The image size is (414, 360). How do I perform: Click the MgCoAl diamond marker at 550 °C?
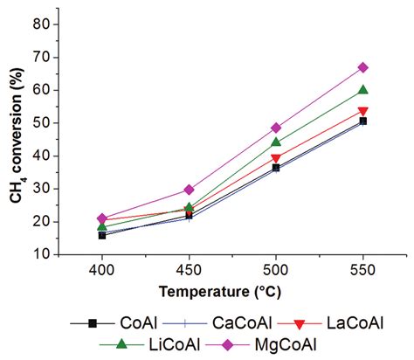coord(362,67)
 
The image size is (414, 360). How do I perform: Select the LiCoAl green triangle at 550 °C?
coord(362,89)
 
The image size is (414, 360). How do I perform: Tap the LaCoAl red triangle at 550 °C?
coord(362,112)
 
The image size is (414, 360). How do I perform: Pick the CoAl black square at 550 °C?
coord(362,121)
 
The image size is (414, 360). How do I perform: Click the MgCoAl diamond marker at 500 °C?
coord(276,128)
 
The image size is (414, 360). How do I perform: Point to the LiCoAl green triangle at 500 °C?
coord(276,142)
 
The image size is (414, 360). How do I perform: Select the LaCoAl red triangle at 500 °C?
coord(276,158)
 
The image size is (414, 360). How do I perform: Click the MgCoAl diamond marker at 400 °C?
coord(102,218)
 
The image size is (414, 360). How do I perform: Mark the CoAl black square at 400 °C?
coord(102,235)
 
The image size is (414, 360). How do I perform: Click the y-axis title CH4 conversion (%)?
coord(16,140)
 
